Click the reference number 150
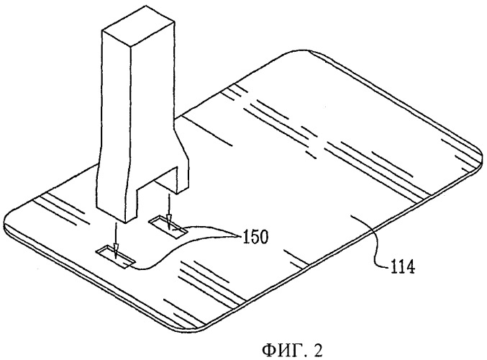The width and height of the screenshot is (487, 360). pyautogui.click(x=255, y=238)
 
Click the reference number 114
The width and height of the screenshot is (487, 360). pyautogui.click(x=403, y=267)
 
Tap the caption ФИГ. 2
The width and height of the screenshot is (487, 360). pyautogui.click(x=292, y=350)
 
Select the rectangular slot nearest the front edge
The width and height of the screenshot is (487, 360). pyautogui.click(x=116, y=257)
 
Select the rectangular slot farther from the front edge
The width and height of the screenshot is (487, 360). pyautogui.click(x=168, y=228)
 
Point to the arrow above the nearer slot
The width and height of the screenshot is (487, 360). pyautogui.click(x=116, y=240)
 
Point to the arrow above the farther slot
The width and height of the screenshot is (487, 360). pyautogui.click(x=168, y=212)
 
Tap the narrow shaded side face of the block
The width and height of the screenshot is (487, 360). pyautogui.click(x=153, y=102)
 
